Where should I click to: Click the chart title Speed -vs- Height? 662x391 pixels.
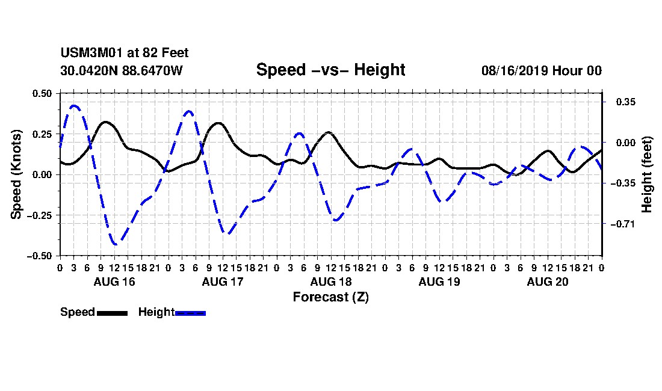coord(330,70)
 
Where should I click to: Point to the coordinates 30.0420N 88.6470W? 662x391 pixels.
coord(122,70)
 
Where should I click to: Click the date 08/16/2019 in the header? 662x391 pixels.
coord(514,70)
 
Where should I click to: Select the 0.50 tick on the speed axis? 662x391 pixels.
coord(42,93)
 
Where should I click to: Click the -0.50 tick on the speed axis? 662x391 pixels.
coord(40,256)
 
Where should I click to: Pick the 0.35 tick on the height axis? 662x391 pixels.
coord(625,102)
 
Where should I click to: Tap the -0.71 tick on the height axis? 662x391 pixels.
coord(623,224)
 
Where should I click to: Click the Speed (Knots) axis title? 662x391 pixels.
coord(16,174)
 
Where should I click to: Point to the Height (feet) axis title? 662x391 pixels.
coord(647,174)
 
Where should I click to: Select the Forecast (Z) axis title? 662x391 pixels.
coord(331,297)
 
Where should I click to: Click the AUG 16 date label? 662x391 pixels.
coord(114,282)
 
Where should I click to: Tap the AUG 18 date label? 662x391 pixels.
coord(331,282)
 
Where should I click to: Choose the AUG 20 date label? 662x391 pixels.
coord(548,282)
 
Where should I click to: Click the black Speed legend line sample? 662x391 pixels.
coord(113,313)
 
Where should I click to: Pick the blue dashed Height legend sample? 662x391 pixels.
coord(190,313)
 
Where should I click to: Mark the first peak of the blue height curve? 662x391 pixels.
coord(74,105)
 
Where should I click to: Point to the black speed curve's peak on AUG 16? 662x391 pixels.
coord(105,122)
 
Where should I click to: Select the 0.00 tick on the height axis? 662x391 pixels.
coord(625,143)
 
